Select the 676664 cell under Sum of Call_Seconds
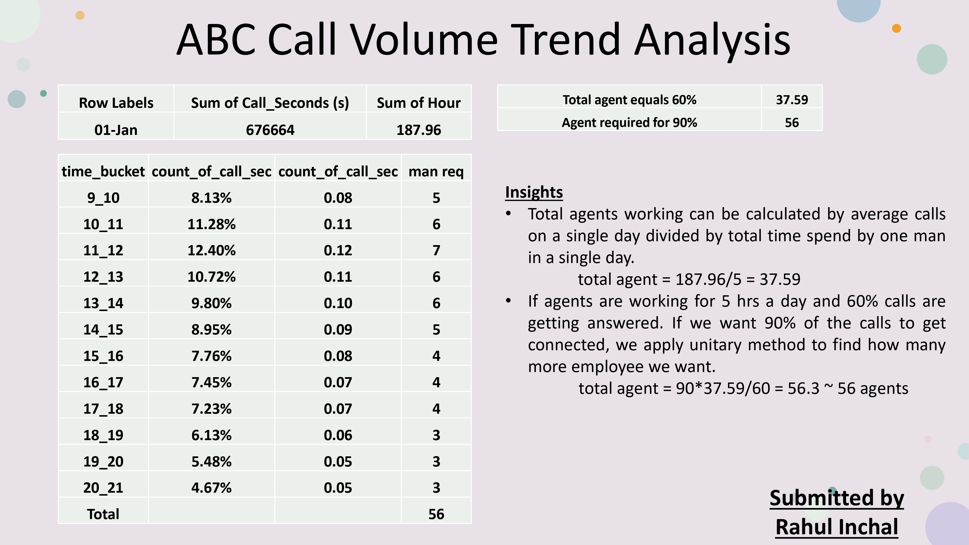point(270,130)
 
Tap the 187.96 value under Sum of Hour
point(419,130)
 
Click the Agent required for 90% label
point(629,123)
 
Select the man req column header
point(436,171)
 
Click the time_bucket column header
point(103,171)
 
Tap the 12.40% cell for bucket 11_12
point(211,250)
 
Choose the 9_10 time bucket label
point(103,198)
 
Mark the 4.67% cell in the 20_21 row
point(211,488)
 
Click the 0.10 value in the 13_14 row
point(338,303)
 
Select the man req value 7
point(436,250)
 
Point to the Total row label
point(103,514)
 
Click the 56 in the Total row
point(436,514)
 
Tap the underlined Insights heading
point(534,192)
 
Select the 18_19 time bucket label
point(103,435)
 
